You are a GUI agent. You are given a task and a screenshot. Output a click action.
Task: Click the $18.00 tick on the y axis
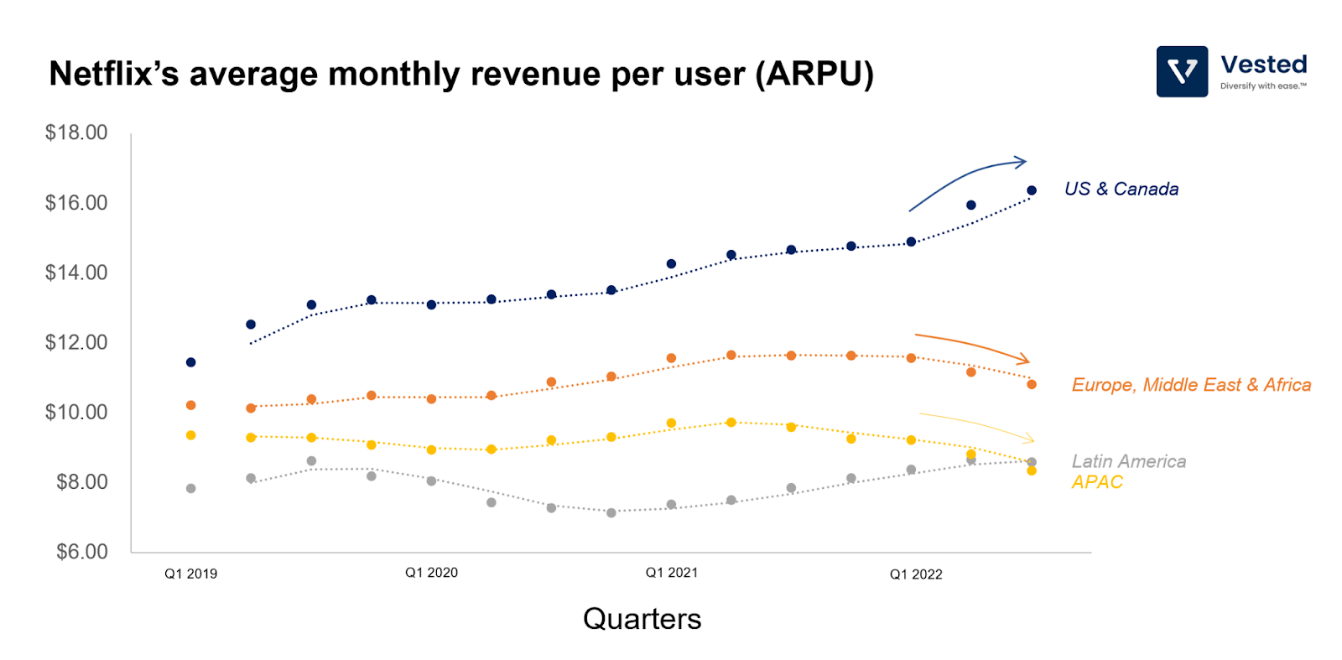click(x=76, y=133)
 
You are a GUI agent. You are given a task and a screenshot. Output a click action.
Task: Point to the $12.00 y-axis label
click(x=76, y=342)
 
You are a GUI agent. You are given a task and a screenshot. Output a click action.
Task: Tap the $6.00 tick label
click(x=81, y=552)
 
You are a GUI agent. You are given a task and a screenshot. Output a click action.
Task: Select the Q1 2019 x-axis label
click(x=190, y=574)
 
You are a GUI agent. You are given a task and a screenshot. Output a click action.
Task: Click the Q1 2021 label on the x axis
click(x=671, y=573)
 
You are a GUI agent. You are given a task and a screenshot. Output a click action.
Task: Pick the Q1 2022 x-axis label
click(x=916, y=574)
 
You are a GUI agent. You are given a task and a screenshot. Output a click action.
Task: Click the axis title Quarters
click(x=642, y=619)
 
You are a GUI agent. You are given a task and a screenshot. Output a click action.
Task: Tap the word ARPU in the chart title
click(x=814, y=74)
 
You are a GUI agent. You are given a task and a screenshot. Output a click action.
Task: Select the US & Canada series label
click(x=1121, y=190)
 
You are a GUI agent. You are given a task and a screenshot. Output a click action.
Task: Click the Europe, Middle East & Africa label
click(x=1191, y=385)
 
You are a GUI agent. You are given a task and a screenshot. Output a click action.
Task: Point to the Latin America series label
click(x=1129, y=461)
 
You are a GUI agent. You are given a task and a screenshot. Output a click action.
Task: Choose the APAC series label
click(x=1097, y=482)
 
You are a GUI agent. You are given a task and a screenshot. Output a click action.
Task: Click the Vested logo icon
click(x=1182, y=71)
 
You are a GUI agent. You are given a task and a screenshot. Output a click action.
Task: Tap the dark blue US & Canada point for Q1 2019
click(x=191, y=362)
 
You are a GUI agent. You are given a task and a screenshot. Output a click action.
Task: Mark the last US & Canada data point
click(x=1032, y=190)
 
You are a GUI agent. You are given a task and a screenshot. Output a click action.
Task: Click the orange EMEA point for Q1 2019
click(x=191, y=405)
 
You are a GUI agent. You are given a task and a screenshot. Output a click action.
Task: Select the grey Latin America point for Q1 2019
click(x=191, y=488)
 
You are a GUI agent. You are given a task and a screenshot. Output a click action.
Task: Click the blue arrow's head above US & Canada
click(x=1022, y=161)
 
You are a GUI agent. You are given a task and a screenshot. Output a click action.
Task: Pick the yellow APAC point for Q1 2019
click(x=191, y=435)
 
